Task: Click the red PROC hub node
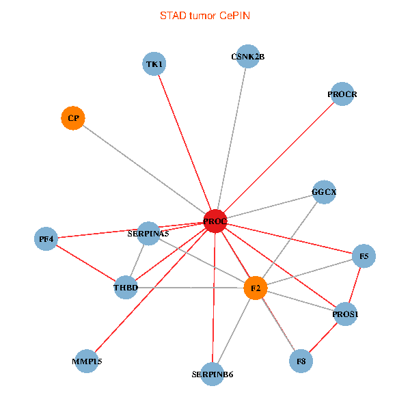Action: pyautogui.click(x=215, y=221)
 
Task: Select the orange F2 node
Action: pyautogui.click(x=255, y=288)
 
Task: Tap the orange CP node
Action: pyautogui.click(x=72, y=118)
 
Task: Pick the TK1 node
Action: pyautogui.click(x=154, y=64)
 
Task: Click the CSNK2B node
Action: pyautogui.click(x=247, y=57)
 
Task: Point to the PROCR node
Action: pyautogui.click(x=342, y=94)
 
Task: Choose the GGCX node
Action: pyautogui.click(x=324, y=192)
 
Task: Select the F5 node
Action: pyautogui.click(x=364, y=256)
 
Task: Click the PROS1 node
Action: pyautogui.click(x=346, y=314)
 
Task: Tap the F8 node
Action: pyautogui.click(x=301, y=360)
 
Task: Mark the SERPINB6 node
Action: pyautogui.click(x=213, y=374)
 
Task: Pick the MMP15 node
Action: pyautogui.click(x=87, y=361)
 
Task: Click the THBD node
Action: pyautogui.click(x=126, y=288)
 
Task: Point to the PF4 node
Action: pyautogui.click(x=46, y=239)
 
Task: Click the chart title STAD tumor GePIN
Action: pyautogui.click(x=205, y=15)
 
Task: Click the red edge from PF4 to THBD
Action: pyautogui.click(x=85, y=263)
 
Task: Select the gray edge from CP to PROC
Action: pyautogui.click(x=143, y=169)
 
